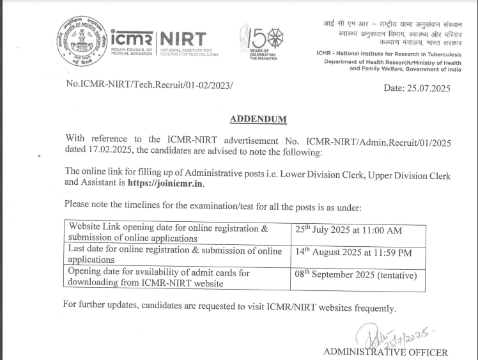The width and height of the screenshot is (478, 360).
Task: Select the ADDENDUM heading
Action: (258, 119)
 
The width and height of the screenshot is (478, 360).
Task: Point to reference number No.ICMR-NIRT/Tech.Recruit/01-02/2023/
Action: (150, 84)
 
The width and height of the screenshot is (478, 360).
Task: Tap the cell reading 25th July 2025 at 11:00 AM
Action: (348, 230)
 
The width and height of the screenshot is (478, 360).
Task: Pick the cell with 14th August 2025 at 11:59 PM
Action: (353, 252)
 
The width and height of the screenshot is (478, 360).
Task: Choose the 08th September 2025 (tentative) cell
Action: (356, 275)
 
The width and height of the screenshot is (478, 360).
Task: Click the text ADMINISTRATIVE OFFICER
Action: (385, 352)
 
